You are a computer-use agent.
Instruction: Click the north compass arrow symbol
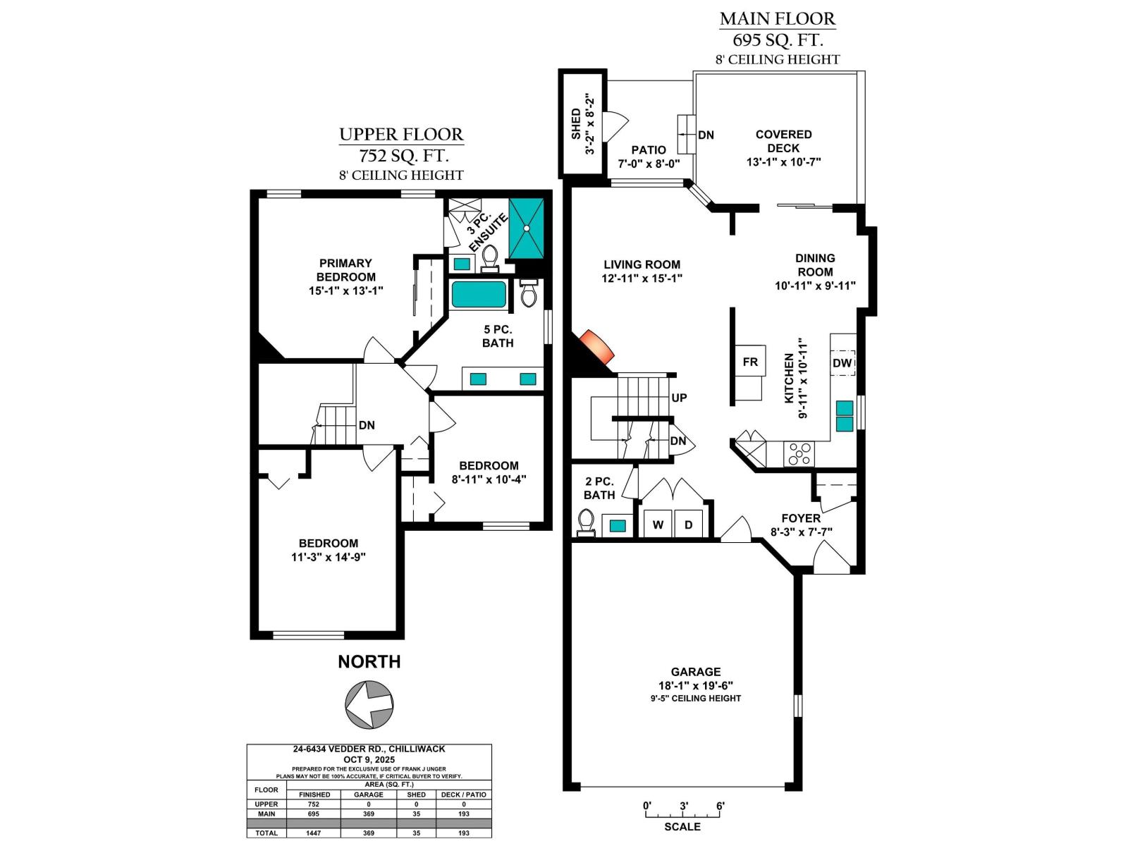[369, 704]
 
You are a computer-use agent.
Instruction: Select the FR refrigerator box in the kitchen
[750, 362]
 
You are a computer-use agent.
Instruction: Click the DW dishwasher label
[842, 363]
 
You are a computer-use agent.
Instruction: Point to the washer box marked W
[658, 525]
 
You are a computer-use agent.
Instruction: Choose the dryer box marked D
[689, 525]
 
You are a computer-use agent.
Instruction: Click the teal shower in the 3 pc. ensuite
[527, 229]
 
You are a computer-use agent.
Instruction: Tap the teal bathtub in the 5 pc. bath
[479, 295]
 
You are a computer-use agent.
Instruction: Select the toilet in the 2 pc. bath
[585, 522]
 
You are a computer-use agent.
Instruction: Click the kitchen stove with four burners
[799, 453]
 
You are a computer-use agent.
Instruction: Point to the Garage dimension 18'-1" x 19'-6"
[695, 685]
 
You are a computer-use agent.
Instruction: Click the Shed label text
[576, 123]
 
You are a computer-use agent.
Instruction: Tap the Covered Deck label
[783, 141]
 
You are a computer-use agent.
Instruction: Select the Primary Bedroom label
[345, 270]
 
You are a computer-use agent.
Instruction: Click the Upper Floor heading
[401, 135]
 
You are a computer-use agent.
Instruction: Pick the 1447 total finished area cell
[314, 833]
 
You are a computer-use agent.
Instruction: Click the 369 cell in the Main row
[368, 814]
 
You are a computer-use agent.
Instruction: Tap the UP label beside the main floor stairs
[679, 398]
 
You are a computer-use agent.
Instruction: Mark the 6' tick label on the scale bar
[720, 806]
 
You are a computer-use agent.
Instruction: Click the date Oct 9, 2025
[369, 759]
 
